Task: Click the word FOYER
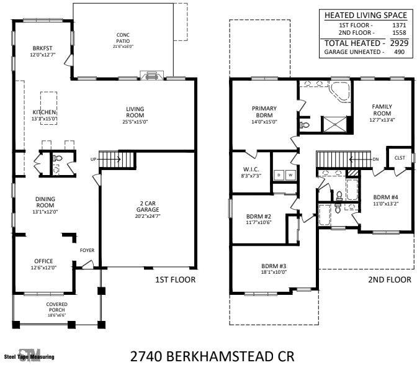coord(87,251)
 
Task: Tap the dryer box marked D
coord(279,176)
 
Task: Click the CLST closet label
coord(399,158)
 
